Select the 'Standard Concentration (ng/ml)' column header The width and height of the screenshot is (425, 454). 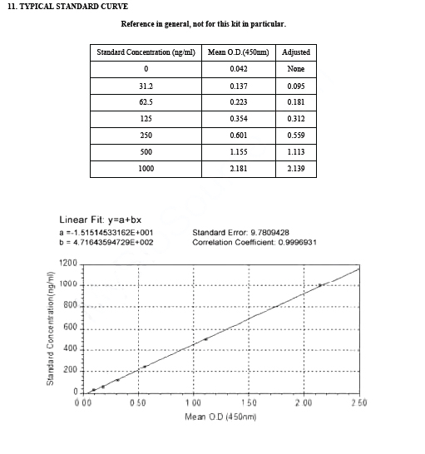coord(146,52)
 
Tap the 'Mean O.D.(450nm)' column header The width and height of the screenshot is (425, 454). coord(242,52)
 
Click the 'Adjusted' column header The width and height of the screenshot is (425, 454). coord(296,52)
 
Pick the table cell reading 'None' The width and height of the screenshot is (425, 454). coord(296,69)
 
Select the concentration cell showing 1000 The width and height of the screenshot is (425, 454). coord(146,169)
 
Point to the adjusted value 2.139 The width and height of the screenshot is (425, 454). coord(296,169)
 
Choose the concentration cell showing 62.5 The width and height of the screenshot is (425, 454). coord(146,102)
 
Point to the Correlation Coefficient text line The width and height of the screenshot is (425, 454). coord(254,243)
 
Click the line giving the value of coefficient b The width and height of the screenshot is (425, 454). coord(106,243)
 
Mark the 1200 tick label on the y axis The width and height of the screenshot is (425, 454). coord(67,264)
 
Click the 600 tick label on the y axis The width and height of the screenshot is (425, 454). coord(70,328)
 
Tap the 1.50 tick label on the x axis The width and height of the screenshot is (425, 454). coord(248,402)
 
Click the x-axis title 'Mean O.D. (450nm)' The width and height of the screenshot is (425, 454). coord(220,416)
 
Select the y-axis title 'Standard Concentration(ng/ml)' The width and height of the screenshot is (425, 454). coord(51,328)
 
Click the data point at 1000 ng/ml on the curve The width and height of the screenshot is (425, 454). coord(320,285)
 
